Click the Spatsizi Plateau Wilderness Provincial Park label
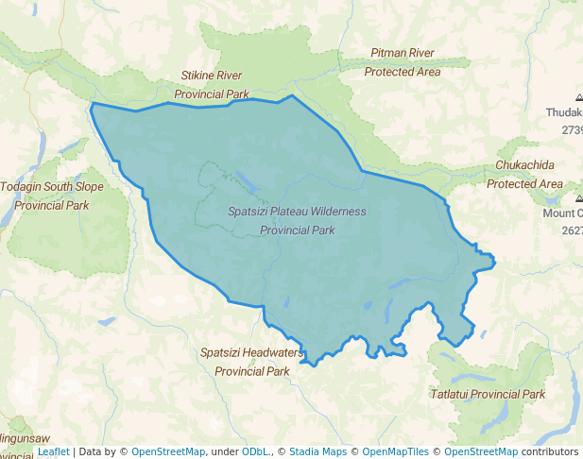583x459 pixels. pyautogui.click(x=297, y=220)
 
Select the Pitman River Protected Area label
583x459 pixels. pyautogui.click(x=403, y=62)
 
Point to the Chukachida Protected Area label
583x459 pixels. pyautogui.click(x=524, y=174)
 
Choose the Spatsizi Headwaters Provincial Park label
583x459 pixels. pyautogui.click(x=251, y=362)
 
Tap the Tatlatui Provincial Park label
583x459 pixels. pyautogui.click(x=488, y=394)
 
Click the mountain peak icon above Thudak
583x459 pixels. pyautogui.click(x=578, y=97)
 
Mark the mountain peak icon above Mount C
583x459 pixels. pyautogui.click(x=578, y=199)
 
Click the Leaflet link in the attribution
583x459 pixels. pyautogui.click(x=54, y=451)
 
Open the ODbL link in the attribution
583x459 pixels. pyautogui.click(x=253, y=451)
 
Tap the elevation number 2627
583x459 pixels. pyautogui.click(x=572, y=230)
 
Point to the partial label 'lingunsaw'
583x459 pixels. pyautogui.click(x=26, y=439)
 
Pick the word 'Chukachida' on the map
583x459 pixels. pyautogui.click(x=524, y=165)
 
